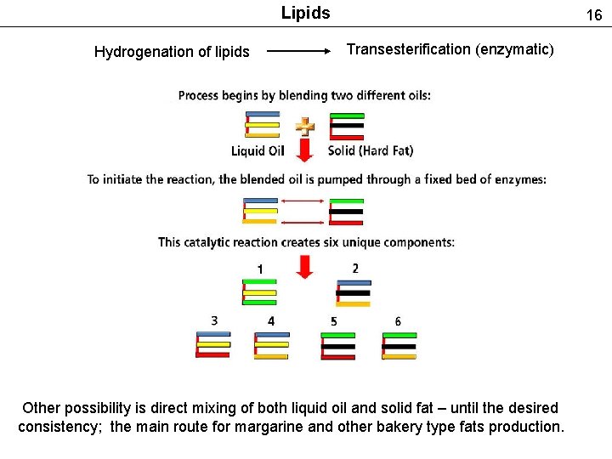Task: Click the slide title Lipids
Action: tap(305, 13)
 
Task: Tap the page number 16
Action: tap(593, 14)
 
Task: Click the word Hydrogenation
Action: tap(139, 52)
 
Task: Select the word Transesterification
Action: tap(411, 49)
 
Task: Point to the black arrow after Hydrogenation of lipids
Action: tap(298, 51)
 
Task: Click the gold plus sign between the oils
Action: tap(304, 127)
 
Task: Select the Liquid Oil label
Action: tap(258, 151)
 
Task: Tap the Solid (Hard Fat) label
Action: tap(371, 151)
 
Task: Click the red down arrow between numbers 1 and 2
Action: tap(305, 266)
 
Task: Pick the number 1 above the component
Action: tap(259, 269)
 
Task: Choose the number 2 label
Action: tap(354, 269)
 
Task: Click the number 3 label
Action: tap(214, 320)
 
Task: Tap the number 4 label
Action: tap(270, 321)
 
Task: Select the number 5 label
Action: tap(334, 321)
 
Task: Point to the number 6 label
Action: tap(398, 321)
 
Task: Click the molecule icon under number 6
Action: tap(399, 346)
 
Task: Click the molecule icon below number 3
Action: tap(212, 345)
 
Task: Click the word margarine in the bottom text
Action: tap(346, 427)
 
